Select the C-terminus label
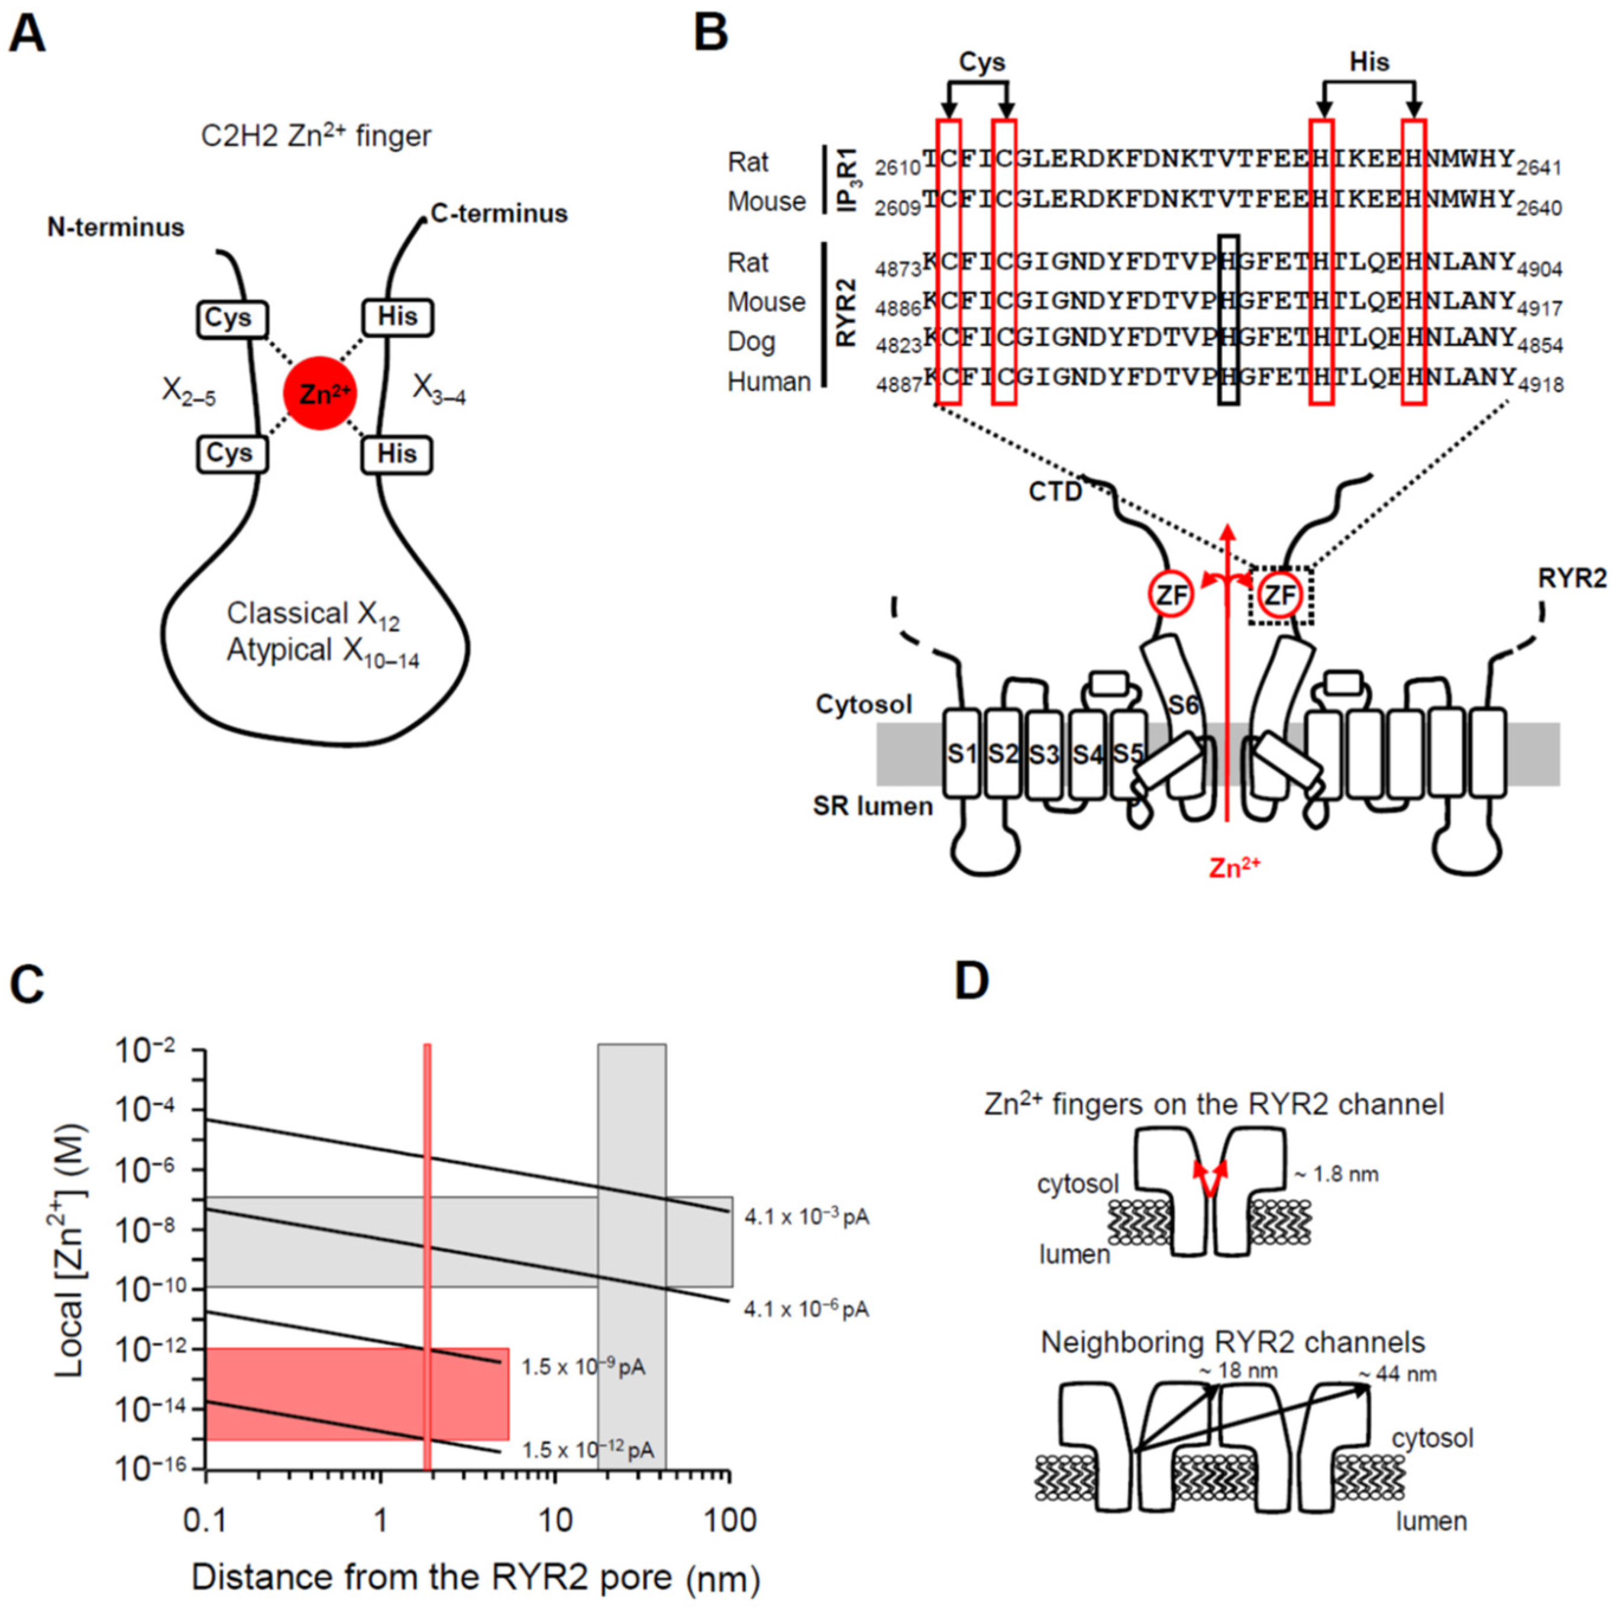[x=499, y=214]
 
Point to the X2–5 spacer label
[x=188, y=392]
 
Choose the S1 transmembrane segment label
[x=962, y=754]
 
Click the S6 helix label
[x=1183, y=705]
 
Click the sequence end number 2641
[x=1539, y=168]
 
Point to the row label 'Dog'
[x=751, y=342]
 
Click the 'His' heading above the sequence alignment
[x=1369, y=62]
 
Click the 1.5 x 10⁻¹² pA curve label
[x=587, y=1450]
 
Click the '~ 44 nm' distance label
[x=1396, y=1374]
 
